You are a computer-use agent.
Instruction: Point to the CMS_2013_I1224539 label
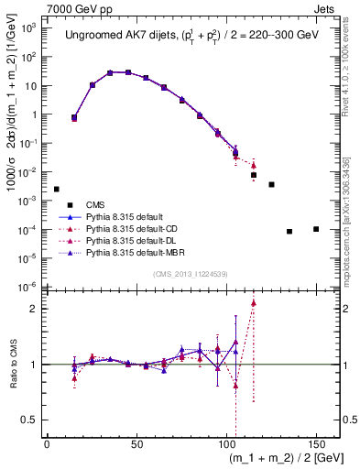[x=191, y=273]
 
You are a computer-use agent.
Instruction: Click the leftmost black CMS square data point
[x=57, y=189]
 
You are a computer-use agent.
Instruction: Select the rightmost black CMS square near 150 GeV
[x=316, y=229]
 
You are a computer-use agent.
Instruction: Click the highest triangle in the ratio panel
[x=254, y=302]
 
